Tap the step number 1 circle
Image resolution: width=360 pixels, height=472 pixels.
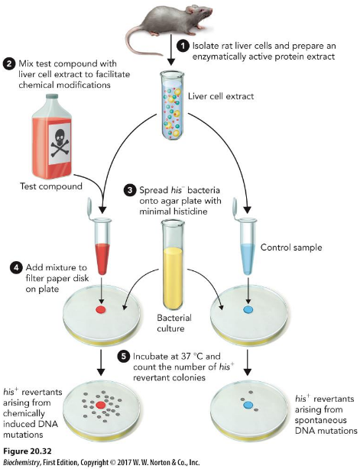(183, 46)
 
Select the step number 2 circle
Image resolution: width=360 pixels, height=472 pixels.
(10, 63)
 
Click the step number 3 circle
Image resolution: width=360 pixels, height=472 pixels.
(131, 189)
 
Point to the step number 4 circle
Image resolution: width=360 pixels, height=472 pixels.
(15, 268)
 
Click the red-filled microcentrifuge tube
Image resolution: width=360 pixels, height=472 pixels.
(100, 237)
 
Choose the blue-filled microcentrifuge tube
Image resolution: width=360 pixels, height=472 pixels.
(245, 238)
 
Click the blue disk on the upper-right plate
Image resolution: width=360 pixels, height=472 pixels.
(246, 310)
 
